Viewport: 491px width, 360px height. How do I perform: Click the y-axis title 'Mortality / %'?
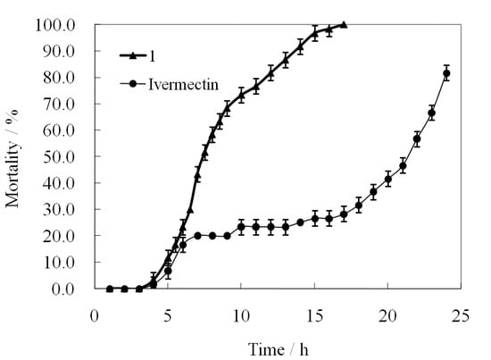pos(13,157)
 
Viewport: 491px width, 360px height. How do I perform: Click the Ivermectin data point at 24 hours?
pos(446,73)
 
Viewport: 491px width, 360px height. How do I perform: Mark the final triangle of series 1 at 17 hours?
pos(344,25)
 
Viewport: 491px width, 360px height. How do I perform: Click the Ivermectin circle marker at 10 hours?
pos(241,227)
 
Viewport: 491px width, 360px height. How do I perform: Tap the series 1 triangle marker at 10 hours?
pos(241,94)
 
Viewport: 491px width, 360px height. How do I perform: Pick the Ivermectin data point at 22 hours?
pos(417,139)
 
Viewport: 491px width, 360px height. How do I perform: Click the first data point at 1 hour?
pos(110,289)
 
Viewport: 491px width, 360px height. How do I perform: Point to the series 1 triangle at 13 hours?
pos(285,60)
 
